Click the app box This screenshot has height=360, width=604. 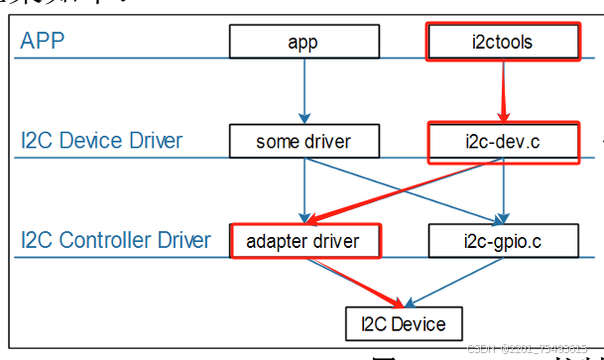(x=303, y=42)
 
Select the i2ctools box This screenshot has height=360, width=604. (x=503, y=42)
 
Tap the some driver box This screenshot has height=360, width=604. (x=303, y=141)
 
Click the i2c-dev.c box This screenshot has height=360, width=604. (x=503, y=142)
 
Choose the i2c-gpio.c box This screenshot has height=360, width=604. (x=503, y=240)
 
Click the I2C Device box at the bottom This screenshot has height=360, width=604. (x=404, y=323)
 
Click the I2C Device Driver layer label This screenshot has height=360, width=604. (x=101, y=141)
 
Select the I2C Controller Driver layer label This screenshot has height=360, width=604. (x=115, y=240)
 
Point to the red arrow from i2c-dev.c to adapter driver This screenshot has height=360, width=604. (x=407, y=190)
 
